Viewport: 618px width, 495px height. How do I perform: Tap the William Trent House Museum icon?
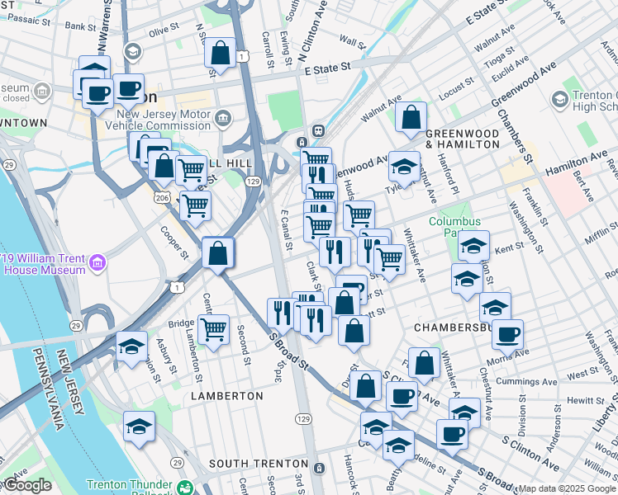[97, 263]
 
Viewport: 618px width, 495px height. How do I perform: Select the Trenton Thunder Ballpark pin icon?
[184, 488]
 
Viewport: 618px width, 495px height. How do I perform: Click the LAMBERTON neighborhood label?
[227, 396]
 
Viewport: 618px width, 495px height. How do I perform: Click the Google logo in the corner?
[27, 485]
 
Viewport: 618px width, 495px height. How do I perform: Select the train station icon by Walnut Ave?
[316, 131]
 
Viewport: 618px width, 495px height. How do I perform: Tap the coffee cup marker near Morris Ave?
[507, 334]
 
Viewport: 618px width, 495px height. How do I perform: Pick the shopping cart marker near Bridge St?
[214, 329]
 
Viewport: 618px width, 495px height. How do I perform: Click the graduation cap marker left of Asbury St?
[131, 346]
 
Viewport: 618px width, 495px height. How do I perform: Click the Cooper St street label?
[175, 241]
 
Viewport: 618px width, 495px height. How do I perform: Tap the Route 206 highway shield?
[164, 197]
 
